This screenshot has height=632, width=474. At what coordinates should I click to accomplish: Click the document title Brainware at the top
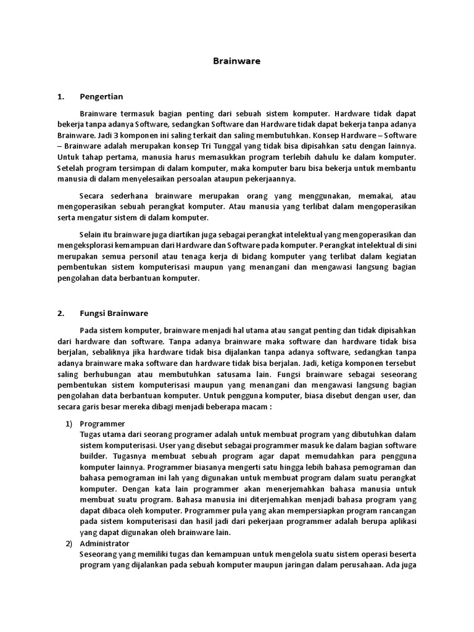[x=236, y=61]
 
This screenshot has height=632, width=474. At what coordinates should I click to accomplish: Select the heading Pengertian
[x=102, y=96]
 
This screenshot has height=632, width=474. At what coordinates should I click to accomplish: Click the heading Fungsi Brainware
[x=114, y=313]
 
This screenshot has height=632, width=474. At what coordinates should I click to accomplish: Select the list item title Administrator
[x=105, y=543]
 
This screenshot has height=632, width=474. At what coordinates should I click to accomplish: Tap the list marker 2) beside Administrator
[x=69, y=543]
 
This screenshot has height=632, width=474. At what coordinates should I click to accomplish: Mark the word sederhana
[x=130, y=196]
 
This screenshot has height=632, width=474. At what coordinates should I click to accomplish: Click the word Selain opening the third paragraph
[x=91, y=235]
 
